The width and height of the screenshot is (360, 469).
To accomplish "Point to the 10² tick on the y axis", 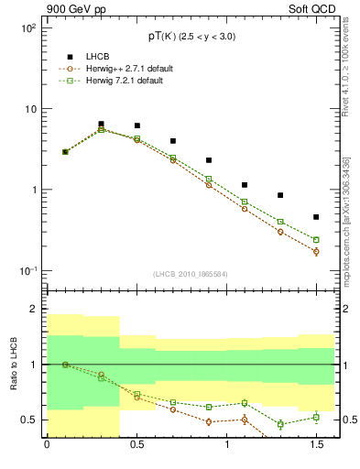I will (28, 28).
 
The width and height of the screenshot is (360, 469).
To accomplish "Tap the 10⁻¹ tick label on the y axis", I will (28, 271).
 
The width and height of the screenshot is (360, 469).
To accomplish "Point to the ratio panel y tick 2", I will (34, 310).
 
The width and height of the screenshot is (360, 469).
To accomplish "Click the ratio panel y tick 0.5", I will (28, 420).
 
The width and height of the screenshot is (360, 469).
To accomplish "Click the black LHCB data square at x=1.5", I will (316, 217).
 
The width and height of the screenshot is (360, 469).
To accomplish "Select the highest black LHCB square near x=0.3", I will (101, 124).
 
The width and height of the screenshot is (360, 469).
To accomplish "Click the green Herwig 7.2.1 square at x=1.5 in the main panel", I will (316, 240).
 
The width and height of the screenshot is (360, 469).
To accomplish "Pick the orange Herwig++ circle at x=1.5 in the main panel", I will (316, 251).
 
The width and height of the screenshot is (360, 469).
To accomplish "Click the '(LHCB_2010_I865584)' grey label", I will (191, 274).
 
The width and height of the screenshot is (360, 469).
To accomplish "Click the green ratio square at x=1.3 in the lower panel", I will (280, 424).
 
